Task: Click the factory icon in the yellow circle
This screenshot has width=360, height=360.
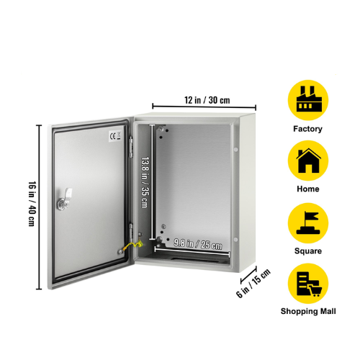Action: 309,99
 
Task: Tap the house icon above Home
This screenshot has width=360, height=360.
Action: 308,161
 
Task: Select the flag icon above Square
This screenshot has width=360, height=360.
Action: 308,223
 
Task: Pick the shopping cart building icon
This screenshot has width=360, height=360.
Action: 308,284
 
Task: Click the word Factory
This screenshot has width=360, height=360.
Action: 307,129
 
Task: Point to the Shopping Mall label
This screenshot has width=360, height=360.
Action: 308,311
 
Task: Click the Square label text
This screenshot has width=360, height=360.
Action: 308,251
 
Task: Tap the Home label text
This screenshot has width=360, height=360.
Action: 308,189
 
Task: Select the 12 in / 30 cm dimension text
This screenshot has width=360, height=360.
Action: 207,100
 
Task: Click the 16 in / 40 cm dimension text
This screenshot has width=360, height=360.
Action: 32,204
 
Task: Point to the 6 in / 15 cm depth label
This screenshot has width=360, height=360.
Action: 253,283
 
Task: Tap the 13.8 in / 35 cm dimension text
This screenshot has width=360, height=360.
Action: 145,182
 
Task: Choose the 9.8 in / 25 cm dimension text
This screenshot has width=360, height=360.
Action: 198,244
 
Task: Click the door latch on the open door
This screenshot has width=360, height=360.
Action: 64,199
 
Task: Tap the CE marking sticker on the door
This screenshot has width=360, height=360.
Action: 115,136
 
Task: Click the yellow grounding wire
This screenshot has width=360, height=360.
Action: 132,246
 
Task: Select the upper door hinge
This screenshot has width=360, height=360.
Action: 131,147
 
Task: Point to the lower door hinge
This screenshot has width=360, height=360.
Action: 131,232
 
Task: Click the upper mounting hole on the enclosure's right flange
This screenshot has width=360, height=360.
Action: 235,150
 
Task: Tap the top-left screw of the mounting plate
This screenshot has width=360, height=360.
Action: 161,130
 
